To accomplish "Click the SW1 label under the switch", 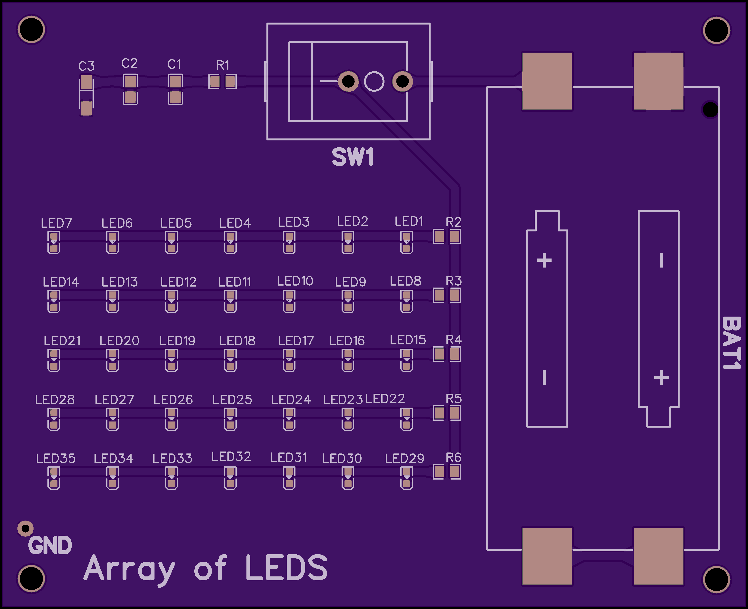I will click(x=353, y=157).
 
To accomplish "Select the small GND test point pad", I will click(x=25, y=528).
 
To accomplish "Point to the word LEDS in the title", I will click(x=286, y=568).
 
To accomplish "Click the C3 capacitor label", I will click(x=86, y=66).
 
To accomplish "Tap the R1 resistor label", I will click(x=223, y=65).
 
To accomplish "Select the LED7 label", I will click(x=56, y=223).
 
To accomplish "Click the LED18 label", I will click(x=237, y=341).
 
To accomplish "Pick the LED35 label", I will click(x=56, y=459).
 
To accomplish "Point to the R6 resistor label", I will click(x=454, y=457).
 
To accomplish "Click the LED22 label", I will click(x=385, y=399).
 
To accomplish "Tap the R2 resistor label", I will click(x=454, y=222).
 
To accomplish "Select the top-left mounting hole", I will click(x=31, y=29).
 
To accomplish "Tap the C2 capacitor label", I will click(x=129, y=64).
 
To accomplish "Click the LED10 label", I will click(x=295, y=281).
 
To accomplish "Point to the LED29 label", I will click(x=404, y=459).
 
